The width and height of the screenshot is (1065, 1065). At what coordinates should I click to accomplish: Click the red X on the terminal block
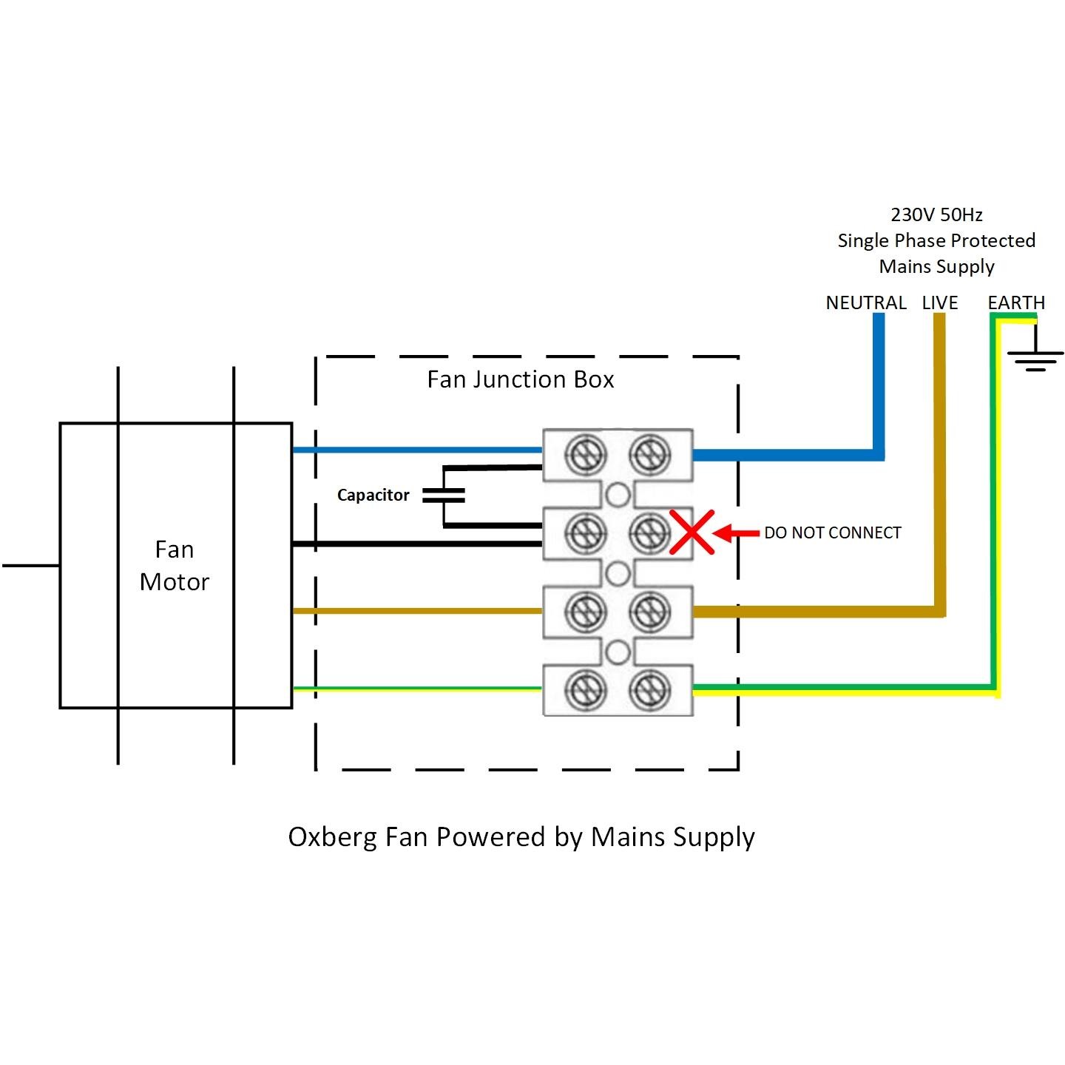[692, 532]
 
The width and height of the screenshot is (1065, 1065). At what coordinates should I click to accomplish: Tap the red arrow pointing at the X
[737, 532]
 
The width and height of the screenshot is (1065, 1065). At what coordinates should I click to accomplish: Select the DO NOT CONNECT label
[833, 533]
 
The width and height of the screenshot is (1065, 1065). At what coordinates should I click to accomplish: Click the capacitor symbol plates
[444, 496]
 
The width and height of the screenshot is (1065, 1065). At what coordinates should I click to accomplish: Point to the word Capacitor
[373, 496]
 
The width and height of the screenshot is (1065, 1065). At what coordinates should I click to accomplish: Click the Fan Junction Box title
[521, 379]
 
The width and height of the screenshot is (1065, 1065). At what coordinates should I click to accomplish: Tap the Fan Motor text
[175, 566]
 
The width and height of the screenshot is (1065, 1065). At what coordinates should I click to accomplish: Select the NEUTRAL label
[866, 303]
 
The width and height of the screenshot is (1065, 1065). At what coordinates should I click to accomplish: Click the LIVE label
[940, 303]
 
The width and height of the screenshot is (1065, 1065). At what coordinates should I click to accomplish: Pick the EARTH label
[1016, 303]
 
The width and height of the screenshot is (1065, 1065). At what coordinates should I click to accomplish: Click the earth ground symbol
[1035, 359]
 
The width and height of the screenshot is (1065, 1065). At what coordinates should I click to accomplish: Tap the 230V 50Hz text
[936, 215]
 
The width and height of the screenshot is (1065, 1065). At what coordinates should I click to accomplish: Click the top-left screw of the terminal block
[586, 454]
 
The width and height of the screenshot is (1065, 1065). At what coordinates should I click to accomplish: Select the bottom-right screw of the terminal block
[649, 690]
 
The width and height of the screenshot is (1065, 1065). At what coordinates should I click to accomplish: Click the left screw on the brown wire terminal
[586, 611]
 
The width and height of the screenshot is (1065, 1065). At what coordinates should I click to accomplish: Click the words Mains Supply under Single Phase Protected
[936, 267]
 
